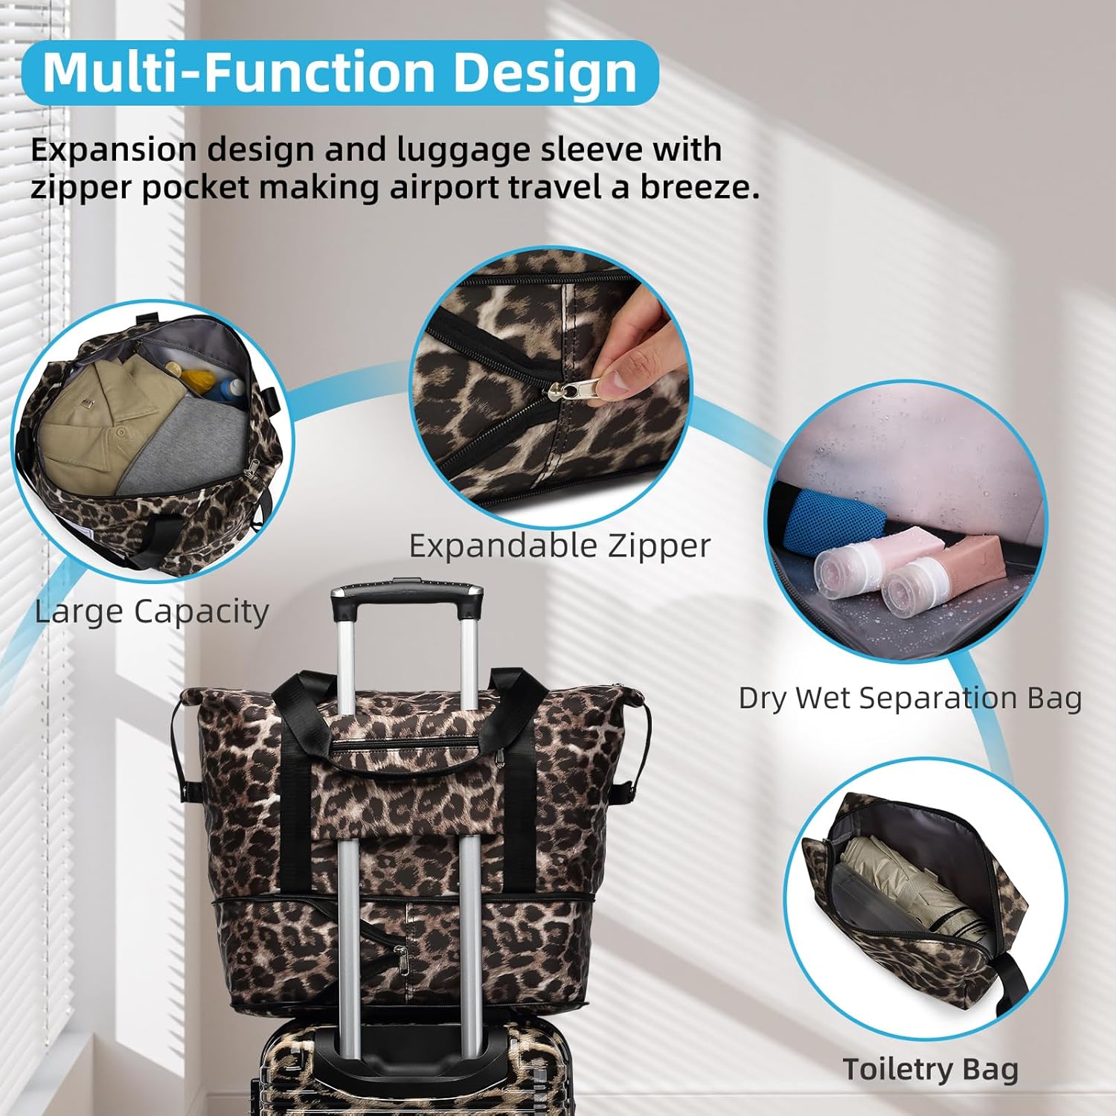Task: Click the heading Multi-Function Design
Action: point(340,72)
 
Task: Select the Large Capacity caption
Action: point(152,612)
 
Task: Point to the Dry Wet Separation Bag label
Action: point(910,699)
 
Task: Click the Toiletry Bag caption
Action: point(930,1070)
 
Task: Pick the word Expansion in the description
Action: point(112,150)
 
